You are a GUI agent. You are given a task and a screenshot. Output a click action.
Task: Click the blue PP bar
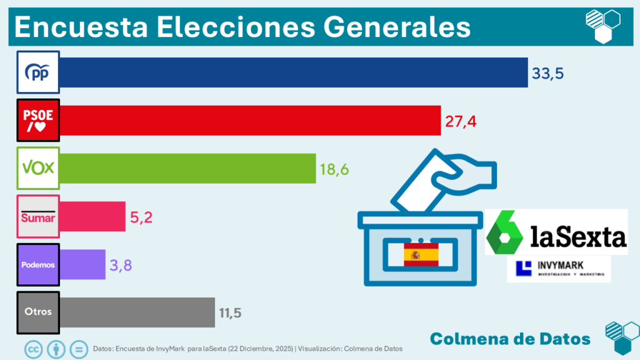294,72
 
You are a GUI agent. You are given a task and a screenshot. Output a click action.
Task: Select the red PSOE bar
250,121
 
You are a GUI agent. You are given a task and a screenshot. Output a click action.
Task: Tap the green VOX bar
187,168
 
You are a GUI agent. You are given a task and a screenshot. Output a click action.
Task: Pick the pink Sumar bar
92,217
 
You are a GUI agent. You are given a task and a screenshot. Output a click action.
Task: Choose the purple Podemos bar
82,264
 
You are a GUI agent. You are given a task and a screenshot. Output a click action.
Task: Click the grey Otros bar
137,312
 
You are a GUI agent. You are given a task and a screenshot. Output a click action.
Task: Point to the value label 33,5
547,73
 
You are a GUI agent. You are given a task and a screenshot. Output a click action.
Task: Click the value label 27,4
461,121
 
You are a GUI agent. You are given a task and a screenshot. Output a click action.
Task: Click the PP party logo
38,72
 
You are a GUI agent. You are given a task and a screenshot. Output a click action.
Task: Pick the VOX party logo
38,168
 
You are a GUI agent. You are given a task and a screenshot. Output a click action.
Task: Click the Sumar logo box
38,217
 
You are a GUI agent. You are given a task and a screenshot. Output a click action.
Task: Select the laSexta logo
556,232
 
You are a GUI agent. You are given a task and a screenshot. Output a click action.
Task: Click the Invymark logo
558,269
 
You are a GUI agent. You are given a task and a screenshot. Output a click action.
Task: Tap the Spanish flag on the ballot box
421,255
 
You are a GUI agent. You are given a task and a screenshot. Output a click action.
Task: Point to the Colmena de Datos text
510,338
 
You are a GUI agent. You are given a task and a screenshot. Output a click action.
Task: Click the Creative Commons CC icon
33,348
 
